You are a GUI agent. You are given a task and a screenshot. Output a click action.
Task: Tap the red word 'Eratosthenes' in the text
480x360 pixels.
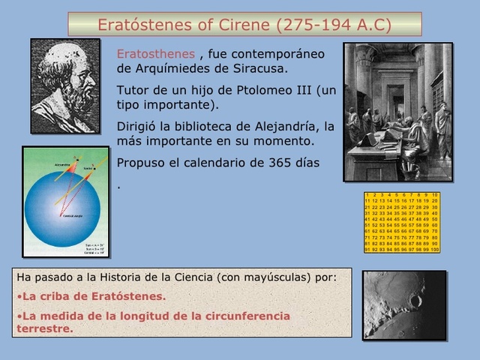pos(156,54)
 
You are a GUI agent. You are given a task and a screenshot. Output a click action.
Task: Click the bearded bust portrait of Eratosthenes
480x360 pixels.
pos(64,86)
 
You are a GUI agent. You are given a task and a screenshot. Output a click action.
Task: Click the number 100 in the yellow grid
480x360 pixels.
pos(434,250)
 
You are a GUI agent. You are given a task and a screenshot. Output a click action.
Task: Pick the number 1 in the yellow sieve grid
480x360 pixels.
pos(367,195)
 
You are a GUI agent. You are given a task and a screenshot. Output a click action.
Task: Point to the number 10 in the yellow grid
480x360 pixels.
pos(434,195)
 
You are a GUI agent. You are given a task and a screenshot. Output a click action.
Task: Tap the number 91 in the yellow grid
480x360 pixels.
pos(367,250)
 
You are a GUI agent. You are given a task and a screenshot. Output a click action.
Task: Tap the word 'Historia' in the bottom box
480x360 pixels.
pos(118,277)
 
